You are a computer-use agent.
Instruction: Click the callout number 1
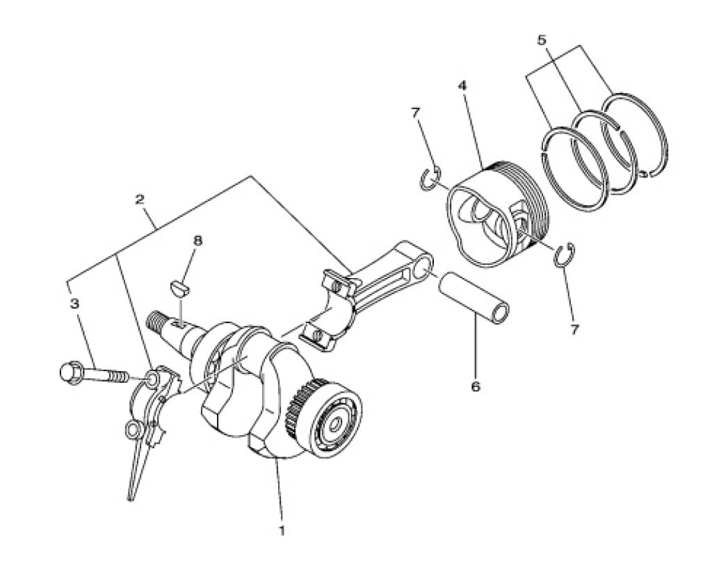(x=282, y=530)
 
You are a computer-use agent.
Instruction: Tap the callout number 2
(x=140, y=199)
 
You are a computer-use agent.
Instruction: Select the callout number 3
(x=75, y=303)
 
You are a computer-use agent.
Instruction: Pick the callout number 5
(x=541, y=40)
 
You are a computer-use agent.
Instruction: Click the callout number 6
(x=476, y=387)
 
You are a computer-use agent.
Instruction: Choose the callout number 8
(x=197, y=240)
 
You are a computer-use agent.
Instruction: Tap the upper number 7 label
(x=416, y=113)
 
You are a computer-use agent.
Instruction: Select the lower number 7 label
(x=575, y=329)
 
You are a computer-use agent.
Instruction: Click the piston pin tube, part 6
(x=474, y=297)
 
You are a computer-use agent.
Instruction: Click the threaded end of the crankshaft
(x=157, y=320)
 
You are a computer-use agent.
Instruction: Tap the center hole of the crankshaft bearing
(x=334, y=425)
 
